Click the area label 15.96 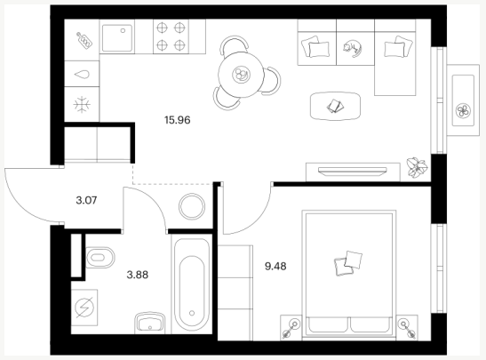[178, 120]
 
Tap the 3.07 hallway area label [86, 200]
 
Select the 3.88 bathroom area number [138, 275]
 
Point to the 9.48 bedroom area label [275, 266]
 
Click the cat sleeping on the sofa [353, 49]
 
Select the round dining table [241, 75]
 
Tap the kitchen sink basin [117, 38]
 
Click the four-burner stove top [171, 36]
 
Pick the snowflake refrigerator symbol [82, 105]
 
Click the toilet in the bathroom [100, 258]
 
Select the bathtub [192, 284]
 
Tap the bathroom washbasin [149, 323]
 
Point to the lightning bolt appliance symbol [84, 308]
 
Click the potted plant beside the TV [418, 167]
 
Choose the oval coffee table [335, 106]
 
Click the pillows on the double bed [348, 263]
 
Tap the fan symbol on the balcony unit [463, 111]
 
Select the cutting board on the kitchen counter [84, 40]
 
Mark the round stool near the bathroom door [192, 206]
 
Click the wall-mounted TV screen [353, 171]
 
